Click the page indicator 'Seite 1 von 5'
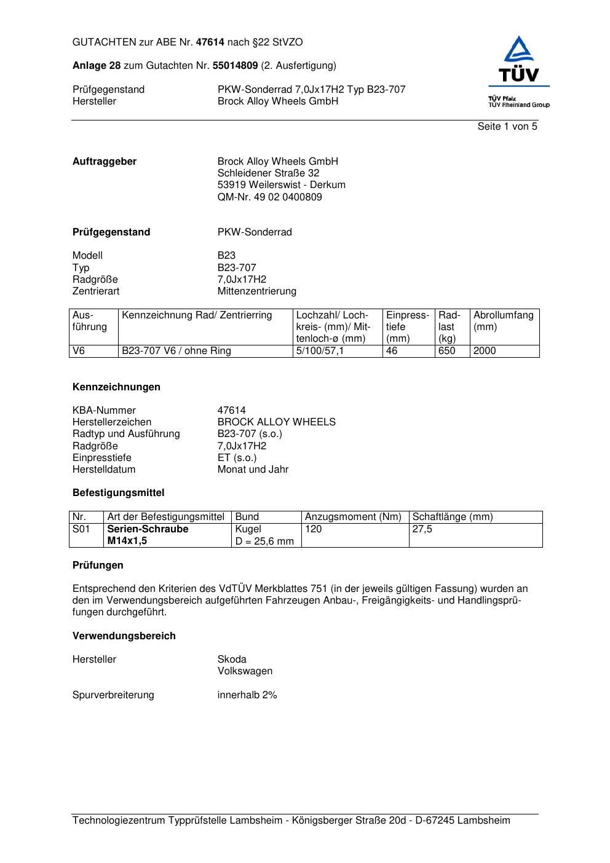click(x=507, y=127)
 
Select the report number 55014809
click(x=235, y=66)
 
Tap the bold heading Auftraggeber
click(x=105, y=162)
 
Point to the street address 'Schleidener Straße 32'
click(x=268, y=173)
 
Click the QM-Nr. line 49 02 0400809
click(x=269, y=197)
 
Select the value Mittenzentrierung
click(x=256, y=291)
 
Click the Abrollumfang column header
click(x=503, y=315)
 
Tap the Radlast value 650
click(x=447, y=351)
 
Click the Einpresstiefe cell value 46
click(x=392, y=351)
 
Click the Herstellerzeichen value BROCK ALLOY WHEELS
click(x=276, y=422)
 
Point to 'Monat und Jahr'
click(x=253, y=470)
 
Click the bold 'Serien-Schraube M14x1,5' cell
click(x=148, y=535)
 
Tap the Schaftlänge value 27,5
click(x=422, y=529)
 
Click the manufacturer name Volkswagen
click(x=245, y=671)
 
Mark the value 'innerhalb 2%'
click(x=247, y=695)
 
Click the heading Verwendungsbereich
click(x=124, y=636)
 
